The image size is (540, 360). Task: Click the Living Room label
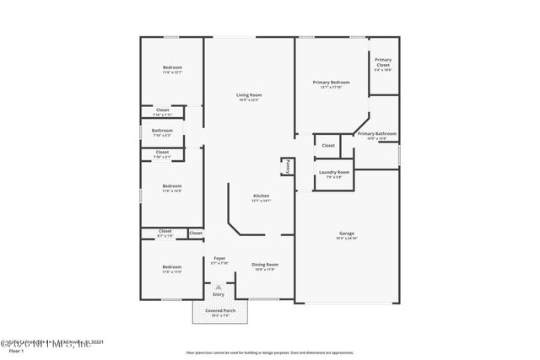click(248, 95)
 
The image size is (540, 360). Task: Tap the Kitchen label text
click(262, 196)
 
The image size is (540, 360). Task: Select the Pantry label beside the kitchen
click(287, 166)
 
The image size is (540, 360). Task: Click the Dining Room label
click(265, 264)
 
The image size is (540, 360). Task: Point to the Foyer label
click(219, 258)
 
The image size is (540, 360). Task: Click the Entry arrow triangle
click(219, 287)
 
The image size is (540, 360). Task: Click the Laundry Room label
click(333, 172)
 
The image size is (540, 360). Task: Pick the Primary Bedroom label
click(331, 82)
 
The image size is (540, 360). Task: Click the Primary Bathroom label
click(377, 134)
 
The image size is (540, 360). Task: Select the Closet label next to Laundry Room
click(328, 145)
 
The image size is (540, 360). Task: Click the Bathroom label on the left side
click(162, 130)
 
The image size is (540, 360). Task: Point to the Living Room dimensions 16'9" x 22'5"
click(248, 100)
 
